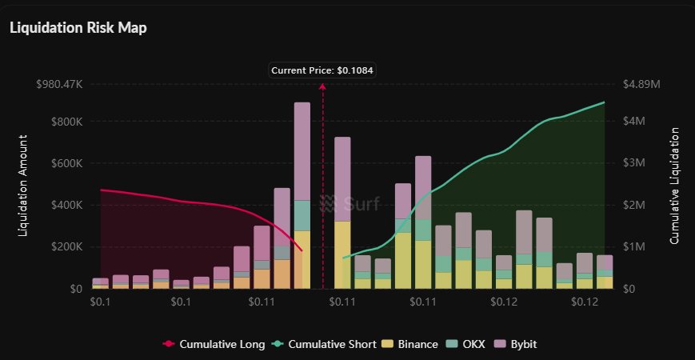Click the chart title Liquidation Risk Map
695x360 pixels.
(x=78, y=27)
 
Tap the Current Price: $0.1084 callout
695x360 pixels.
(x=322, y=70)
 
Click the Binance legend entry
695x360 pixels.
(x=411, y=344)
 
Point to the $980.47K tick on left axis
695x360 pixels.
(x=60, y=84)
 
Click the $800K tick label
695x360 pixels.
(x=66, y=122)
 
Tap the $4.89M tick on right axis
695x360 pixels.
(x=641, y=84)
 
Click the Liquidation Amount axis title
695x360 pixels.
(x=23, y=186)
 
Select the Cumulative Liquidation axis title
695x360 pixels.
(x=674, y=186)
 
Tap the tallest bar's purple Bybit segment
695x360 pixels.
(x=302, y=151)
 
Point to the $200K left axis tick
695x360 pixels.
(x=66, y=246)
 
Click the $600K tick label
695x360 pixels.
(x=66, y=163)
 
